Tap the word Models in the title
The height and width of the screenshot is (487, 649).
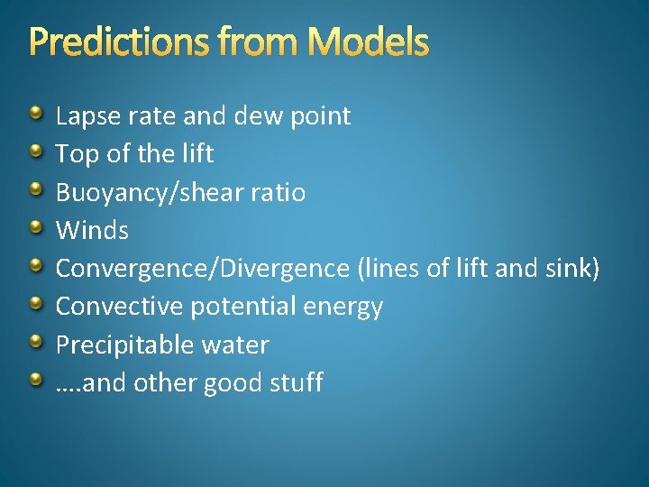[369, 41]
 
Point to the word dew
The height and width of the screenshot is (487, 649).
[258, 116]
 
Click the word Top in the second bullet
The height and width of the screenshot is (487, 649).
[75, 154]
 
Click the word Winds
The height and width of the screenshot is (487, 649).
[92, 230]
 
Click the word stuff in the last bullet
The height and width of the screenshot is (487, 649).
[296, 382]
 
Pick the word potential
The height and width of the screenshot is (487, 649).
[245, 308]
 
